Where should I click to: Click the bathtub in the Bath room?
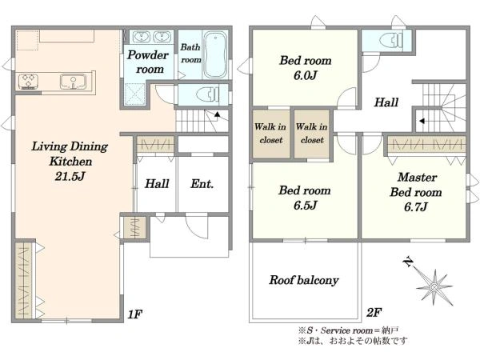[215, 54]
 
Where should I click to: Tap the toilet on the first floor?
[209, 94]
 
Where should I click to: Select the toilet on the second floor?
[390, 40]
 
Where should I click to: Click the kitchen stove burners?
[28, 82]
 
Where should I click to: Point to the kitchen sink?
[73, 82]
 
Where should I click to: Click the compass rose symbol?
[434, 287]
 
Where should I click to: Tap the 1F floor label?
[135, 314]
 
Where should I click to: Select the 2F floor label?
[374, 313]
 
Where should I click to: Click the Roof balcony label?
[304, 280]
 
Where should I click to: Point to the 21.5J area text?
[70, 176]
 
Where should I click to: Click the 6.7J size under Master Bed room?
[415, 207]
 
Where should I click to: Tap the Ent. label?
[202, 184]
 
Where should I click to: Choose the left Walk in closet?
[270, 134]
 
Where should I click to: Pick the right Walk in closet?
[312, 134]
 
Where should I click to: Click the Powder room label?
[148, 62]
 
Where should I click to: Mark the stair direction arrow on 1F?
[217, 114]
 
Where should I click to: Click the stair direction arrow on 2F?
[422, 121]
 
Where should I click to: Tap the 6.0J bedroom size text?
[306, 75]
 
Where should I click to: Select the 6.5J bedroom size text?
[305, 206]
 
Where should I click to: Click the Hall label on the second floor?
[386, 102]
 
